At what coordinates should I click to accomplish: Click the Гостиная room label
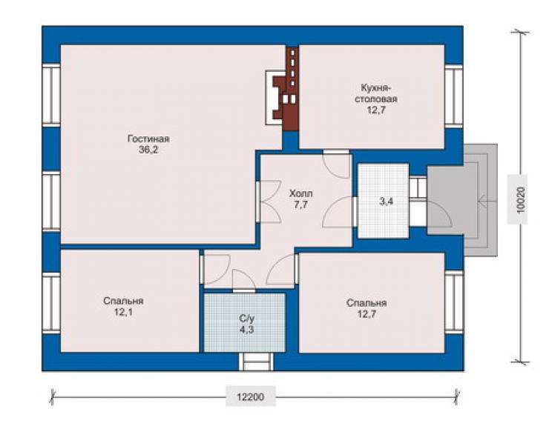click(x=148, y=139)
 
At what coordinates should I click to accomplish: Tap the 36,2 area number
click(x=148, y=150)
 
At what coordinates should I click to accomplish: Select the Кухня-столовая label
click(x=376, y=93)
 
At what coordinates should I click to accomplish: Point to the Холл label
click(x=300, y=193)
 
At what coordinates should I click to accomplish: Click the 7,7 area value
click(x=300, y=204)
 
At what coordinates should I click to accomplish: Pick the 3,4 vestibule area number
click(x=387, y=201)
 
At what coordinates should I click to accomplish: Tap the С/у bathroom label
click(x=247, y=319)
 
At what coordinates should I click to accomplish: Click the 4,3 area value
click(x=247, y=330)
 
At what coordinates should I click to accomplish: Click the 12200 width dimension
click(x=250, y=396)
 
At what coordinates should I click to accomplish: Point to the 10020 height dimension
click(x=521, y=200)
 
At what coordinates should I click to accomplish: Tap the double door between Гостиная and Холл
click(x=269, y=202)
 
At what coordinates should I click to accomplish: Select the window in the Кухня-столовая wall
click(x=454, y=95)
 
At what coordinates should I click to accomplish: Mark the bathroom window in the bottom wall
click(x=256, y=362)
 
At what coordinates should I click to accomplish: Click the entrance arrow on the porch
click(x=487, y=201)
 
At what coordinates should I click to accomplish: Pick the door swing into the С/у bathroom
click(x=244, y=280)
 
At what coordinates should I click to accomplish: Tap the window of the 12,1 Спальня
click(x=51, y=303)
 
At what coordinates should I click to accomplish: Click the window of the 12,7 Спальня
click(x=454, y=301)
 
